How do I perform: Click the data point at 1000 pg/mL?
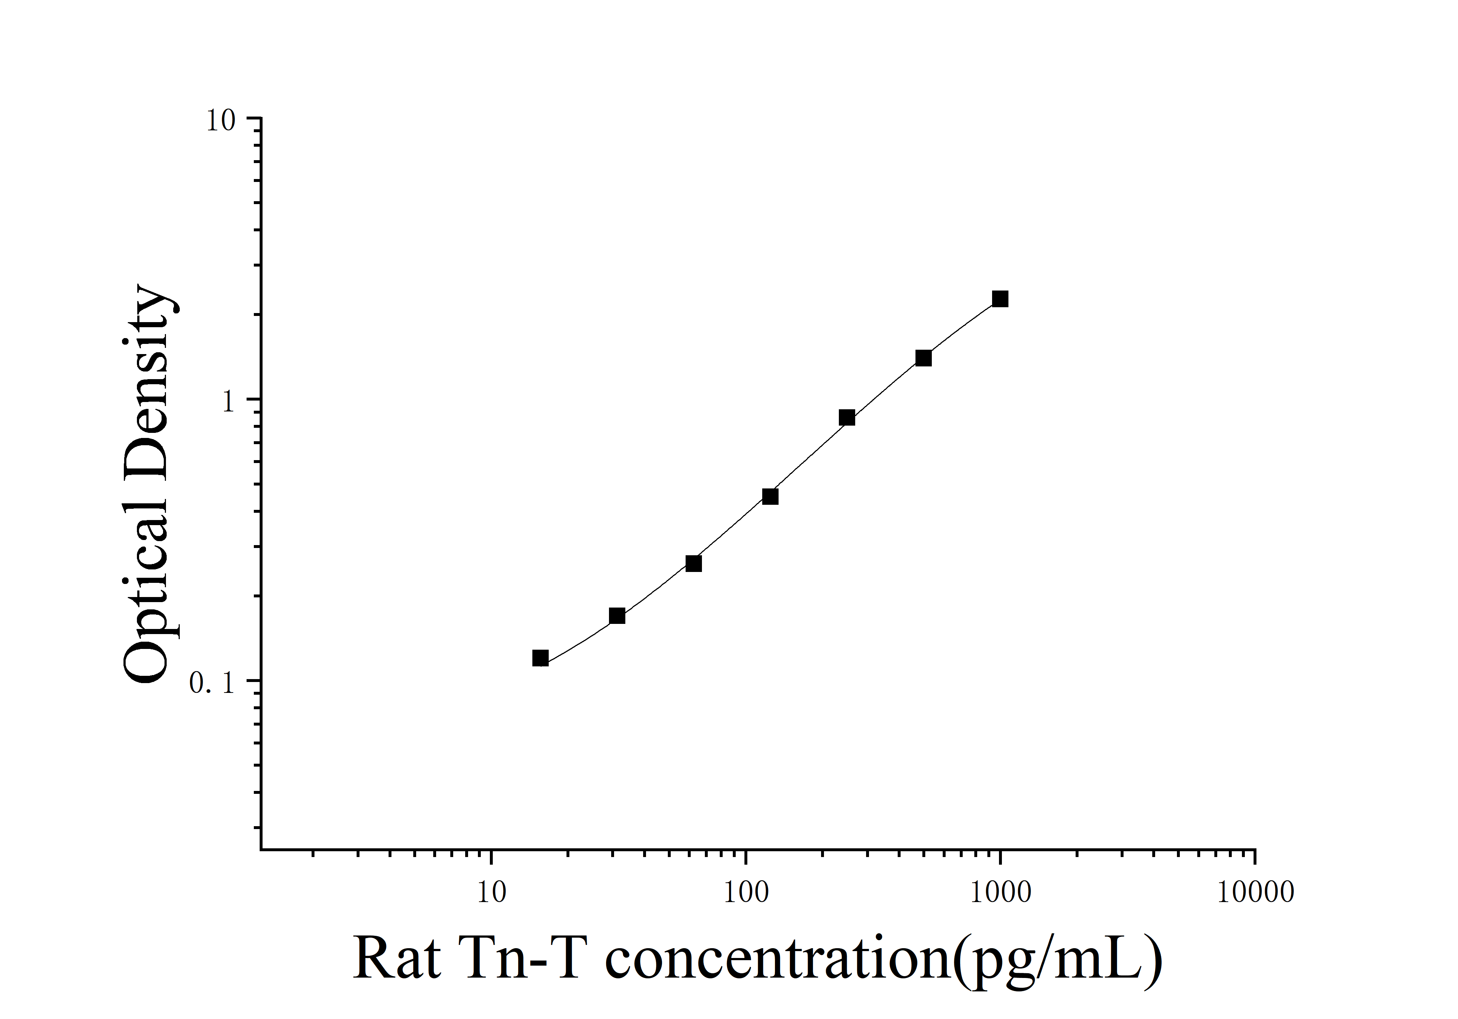tap(1000, 299)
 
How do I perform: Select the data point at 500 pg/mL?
tap(923, 358)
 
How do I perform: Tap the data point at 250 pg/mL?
tap(846, 417)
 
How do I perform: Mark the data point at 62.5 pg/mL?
tap(694, 564)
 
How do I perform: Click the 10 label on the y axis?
tap(220, 121)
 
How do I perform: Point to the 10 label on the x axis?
tap(491, 893)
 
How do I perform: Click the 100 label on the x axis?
tap(746, 893)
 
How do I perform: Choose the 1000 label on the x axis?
tap(1000, 893)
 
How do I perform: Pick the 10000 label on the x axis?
tap(1255, 893)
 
